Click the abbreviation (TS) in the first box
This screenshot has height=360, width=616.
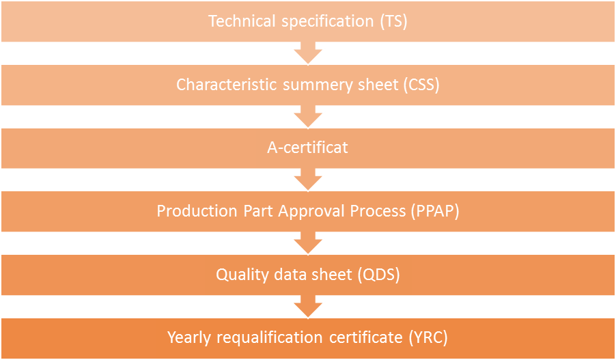coord(393,21)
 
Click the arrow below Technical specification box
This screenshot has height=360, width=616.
coord(308,54)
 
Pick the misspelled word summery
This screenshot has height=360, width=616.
coord(306,85)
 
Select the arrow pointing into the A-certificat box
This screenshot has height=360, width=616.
coord(308,117)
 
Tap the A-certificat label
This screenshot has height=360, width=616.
coord(308,148)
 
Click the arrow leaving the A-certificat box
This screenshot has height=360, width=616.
coord(308,180)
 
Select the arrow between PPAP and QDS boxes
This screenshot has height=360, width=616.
coord(308,244)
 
